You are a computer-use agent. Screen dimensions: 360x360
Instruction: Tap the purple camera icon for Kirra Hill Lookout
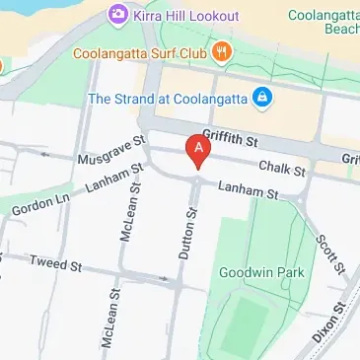tap(118, 15)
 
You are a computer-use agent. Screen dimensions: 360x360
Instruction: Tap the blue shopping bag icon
tap(262, 98)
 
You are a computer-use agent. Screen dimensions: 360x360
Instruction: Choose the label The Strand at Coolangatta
tap(168, 99)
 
